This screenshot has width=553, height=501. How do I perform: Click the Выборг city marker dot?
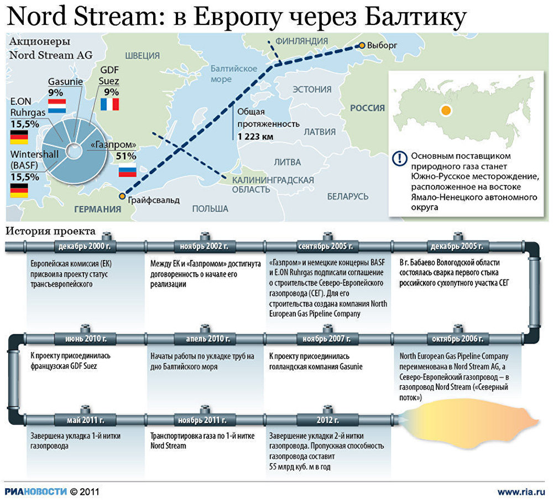click(x=362, y=45)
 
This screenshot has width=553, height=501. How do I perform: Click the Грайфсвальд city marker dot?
click(x=122, y=196)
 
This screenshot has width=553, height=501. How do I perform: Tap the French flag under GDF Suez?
click(x=109, y=105)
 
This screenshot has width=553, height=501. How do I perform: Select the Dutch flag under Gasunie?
click(x=57, y=106)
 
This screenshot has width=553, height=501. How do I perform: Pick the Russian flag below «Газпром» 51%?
click(x=127, y=170)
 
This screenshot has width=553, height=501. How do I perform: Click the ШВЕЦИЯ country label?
click(x=143, y=56)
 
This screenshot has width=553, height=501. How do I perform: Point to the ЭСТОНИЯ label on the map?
click(x=312, y=90)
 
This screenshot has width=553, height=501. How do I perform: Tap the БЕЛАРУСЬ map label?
click(x=348, y=196)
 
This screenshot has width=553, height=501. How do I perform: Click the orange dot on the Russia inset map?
click(x=446, y=111)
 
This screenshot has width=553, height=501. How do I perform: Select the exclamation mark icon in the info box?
click(x=400, y=158)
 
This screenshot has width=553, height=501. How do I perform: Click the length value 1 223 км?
click(x=255, y=137)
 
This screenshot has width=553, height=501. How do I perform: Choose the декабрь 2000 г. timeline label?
click(x=84, y=246)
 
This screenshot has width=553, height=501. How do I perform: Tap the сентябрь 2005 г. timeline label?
click(x=326, y=246)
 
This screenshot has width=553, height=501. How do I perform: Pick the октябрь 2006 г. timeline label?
click(x=457, y=339)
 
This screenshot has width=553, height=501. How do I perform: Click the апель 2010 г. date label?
click(x=208, y=339)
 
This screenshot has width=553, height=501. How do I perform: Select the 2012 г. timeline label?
click(x=327, y=420)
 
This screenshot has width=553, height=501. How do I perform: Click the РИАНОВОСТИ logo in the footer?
click(x=35, y=492)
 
